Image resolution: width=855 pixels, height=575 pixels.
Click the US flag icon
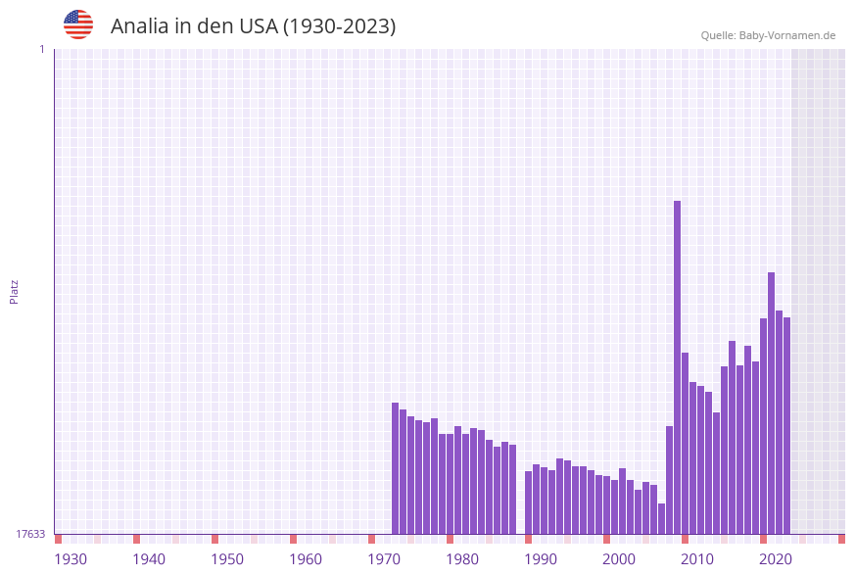click(78, 24)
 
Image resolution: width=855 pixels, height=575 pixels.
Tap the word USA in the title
click(257, 26)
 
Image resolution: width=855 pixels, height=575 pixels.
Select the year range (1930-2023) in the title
click(339, 26)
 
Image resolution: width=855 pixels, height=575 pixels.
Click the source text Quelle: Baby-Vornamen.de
click(768, 35)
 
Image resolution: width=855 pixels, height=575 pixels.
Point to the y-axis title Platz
click(14, 291)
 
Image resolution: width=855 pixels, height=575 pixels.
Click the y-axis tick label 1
click(41, 49)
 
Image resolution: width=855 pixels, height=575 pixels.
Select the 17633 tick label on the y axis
click(30, 534)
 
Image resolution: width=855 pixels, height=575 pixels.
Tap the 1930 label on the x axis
click(71, 559)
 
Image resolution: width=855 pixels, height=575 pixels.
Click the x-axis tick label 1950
click(227, 559)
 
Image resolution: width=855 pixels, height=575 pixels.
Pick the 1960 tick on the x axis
click(306, 559)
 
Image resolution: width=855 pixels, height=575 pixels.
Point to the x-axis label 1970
click(384, 559)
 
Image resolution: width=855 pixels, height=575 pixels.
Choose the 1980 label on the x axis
click(462, 559)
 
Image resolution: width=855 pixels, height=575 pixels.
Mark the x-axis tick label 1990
click(541, 559)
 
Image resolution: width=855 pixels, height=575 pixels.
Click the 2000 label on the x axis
click(619, 559)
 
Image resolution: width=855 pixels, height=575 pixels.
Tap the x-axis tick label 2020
click(776, 559)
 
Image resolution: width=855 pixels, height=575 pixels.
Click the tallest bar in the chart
click(677, 367)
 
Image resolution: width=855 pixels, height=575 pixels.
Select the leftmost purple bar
click(396, 468)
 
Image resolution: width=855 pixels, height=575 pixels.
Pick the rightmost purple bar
click(786, 425)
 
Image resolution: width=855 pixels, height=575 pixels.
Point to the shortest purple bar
click(661, 519)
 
